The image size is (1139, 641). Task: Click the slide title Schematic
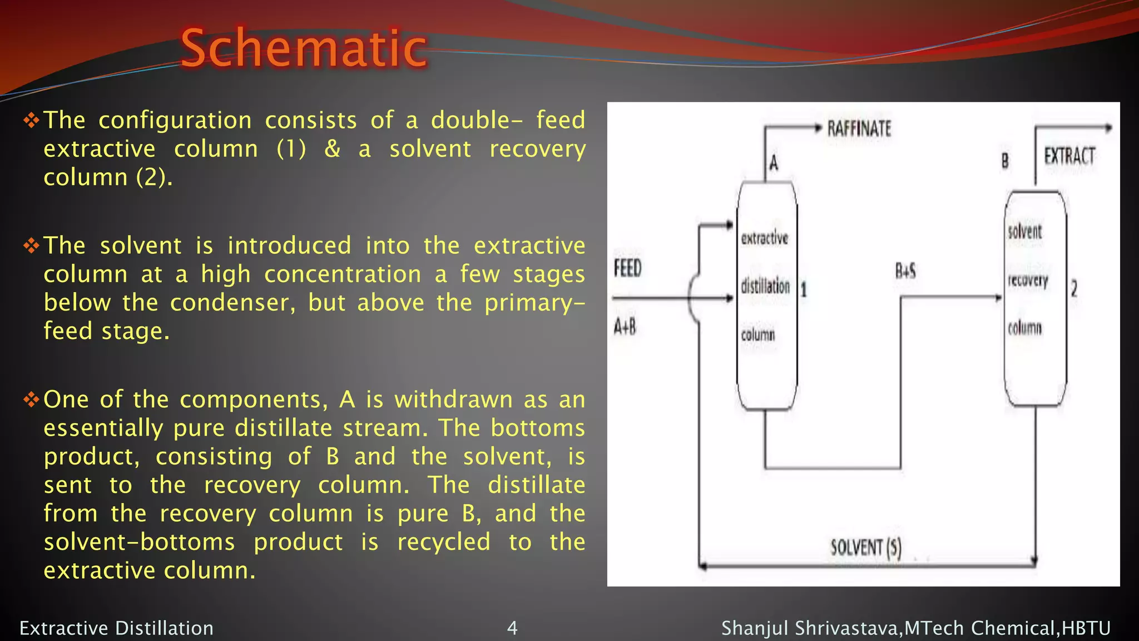(304, 48)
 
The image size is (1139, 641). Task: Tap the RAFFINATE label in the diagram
(859, 129)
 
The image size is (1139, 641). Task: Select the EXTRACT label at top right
(1069, 156)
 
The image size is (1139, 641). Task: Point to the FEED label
(628, 268)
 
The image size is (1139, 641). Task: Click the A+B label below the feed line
(625, 327)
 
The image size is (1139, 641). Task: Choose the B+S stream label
(905, 271)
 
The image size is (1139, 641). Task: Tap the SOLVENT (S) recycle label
(865, 548)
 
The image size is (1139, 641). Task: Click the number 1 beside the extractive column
(804, 289)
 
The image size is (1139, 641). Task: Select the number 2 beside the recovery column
(1074, 288)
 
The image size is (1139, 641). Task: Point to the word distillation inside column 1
(765, 287)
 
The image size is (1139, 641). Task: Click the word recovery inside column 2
(1028, 280)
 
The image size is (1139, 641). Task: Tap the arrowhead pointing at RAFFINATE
(818, 128)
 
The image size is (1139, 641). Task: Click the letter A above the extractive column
(774, 163)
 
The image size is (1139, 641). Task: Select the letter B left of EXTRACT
(1005, 161)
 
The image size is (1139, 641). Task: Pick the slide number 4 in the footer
(512, 628)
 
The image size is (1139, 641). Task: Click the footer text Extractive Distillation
(116, 628)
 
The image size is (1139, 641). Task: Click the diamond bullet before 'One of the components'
(31, 399)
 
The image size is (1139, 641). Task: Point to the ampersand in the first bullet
(332, 149)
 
